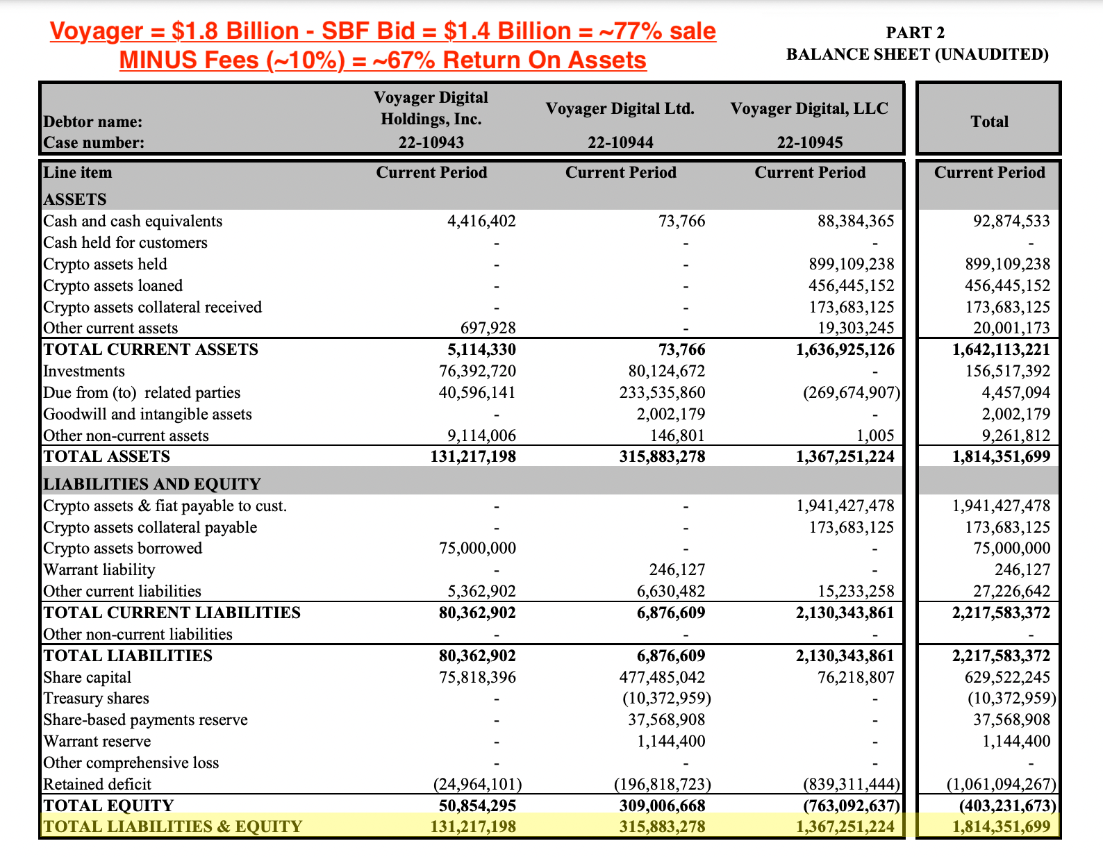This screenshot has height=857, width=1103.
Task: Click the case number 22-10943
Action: click(x=431, y=142)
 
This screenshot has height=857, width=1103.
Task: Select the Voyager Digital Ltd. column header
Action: click(x=620, y=109)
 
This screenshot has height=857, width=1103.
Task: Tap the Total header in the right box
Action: click(x=989, y=122)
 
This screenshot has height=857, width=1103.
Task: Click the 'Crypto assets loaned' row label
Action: click(x=113, y=285)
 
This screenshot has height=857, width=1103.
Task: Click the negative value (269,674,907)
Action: click(x=852, y=392)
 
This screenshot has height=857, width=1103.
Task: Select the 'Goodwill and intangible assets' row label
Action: click(x=147, y=414)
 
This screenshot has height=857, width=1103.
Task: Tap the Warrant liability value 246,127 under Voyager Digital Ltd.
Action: click(x=671, y=569)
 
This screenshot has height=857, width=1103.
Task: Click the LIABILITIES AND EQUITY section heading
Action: click(x=152, y=484)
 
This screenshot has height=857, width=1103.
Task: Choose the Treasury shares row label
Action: click(x=96, y=698)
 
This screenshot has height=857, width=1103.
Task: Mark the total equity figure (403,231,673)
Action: click(x=1008, y=806)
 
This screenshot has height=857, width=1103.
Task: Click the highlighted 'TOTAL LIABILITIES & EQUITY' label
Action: click(x=173, y=826)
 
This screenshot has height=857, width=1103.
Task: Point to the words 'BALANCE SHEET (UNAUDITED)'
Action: click(x=917, y=54)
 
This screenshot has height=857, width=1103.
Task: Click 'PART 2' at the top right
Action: click(x=915, y=33)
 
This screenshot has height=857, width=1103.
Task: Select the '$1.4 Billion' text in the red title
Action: click(x=503, y=31)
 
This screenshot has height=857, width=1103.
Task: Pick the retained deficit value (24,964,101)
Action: click(x=477, y=784)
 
